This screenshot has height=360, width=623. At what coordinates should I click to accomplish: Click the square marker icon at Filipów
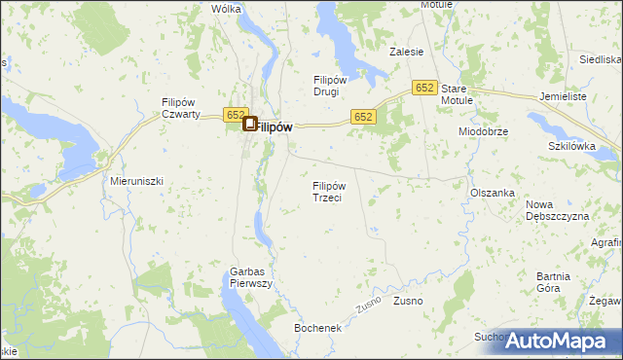click(x=249, y=125)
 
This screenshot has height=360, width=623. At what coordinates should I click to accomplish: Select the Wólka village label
click(x=226, y=9)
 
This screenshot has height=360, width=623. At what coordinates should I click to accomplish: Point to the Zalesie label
click(x=406, y=52)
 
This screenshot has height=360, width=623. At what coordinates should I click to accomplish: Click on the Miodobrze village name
click(x=484, y=131)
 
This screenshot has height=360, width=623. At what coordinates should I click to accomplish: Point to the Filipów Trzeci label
click(x=329, y=192)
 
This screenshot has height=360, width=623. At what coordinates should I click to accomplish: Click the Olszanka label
click(x=492, y=193)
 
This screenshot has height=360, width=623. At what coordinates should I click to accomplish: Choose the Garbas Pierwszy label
click(x=250, y=278)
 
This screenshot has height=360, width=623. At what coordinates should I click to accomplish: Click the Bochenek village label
click(x=318, y=329)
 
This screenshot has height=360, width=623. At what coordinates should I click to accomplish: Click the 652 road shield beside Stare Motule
click(x=422, y=88)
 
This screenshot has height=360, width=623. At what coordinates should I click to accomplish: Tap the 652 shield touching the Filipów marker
click(x=235, y=115)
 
